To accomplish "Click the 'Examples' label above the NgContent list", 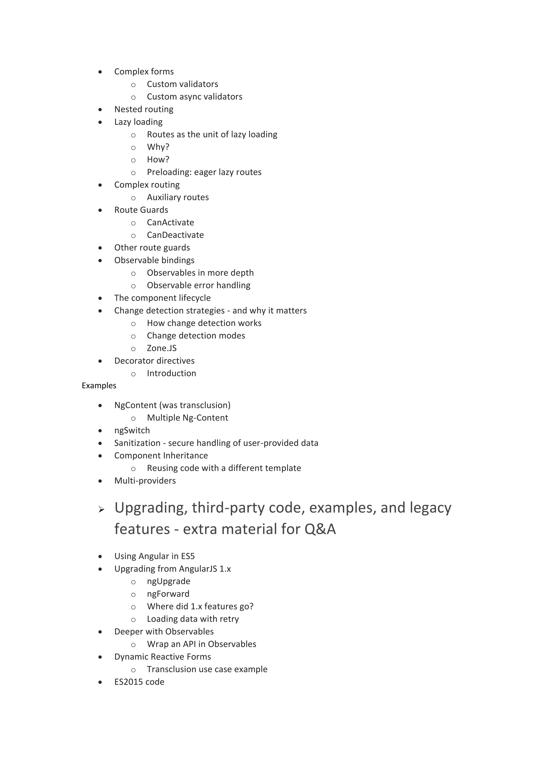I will [99, 385].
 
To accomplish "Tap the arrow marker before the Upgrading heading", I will [102, 509].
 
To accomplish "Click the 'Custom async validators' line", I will [195, 97].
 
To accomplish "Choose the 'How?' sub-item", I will [158, 159].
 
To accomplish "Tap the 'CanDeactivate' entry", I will [175, 235].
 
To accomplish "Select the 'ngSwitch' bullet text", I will [132, 430].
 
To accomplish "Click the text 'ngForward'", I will [168, 594].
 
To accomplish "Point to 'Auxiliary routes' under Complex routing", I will [178, 197].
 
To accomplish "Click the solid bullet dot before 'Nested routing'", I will [100, 109].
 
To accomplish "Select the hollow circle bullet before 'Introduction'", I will [133, 374].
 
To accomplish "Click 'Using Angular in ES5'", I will [154, 556].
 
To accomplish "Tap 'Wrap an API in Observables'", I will [201, 644].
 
